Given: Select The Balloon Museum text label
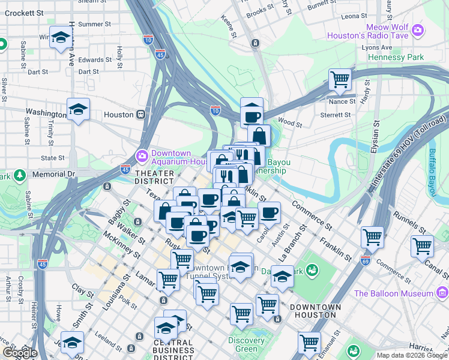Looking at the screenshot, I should point(394,293).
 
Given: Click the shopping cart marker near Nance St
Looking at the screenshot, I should point(340,79).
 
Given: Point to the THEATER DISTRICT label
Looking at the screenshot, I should point(154,177).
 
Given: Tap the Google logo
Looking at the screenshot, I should point(19,352).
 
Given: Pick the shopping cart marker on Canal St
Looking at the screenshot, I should point(422,245).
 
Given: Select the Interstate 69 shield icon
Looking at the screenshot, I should point(366,260).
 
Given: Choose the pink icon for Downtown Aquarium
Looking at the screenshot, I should point(142,157).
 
